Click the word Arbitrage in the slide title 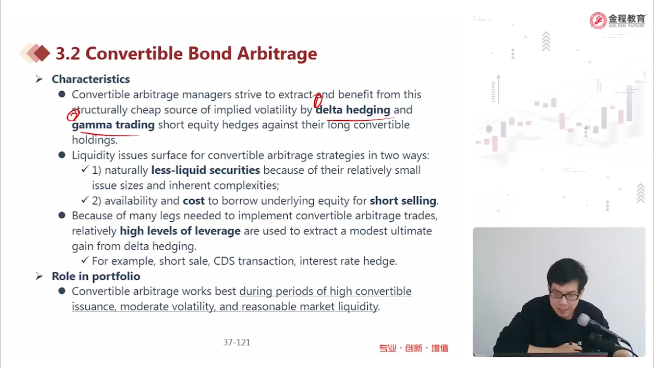click(277, 54)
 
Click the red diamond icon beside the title click(42, 53)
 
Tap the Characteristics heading click(91, 79)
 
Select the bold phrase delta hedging click(352, 110)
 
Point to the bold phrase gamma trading click(113, 125)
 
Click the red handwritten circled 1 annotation click(318, 101)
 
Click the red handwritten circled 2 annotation click(73, 115)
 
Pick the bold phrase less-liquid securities click(205, 170)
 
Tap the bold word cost click(194, 201)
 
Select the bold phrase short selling click(403, 201)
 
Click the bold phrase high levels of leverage click(180, 231)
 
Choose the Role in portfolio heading click(96, 276)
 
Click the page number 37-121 click(237, 342)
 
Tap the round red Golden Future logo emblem click(598, 21)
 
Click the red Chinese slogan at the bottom click(413, 348)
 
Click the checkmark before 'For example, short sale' click(85, 260)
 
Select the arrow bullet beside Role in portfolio click(39, 276)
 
